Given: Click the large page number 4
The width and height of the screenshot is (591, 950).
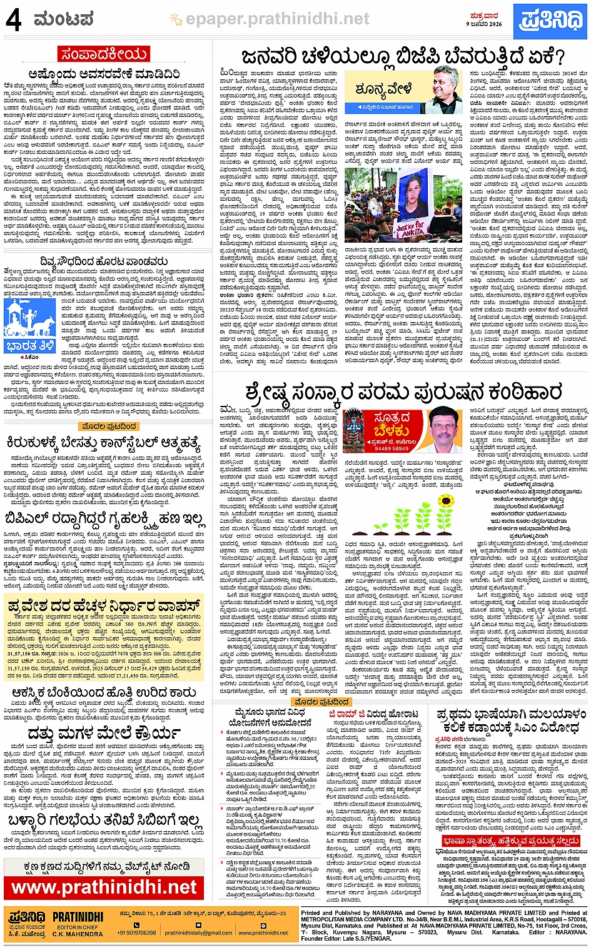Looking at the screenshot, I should tap(13, 20).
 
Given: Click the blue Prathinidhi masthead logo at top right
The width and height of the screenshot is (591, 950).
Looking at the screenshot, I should tap(551, 19).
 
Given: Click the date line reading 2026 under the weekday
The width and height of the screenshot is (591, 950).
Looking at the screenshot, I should tap(485, 24).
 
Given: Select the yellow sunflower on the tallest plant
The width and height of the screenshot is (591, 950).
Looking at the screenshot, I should tap(445, 502).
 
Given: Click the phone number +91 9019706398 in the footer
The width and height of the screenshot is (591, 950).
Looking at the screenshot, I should tap(136, 932).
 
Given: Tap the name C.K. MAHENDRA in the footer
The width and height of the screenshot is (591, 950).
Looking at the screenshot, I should tap(78, 934).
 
